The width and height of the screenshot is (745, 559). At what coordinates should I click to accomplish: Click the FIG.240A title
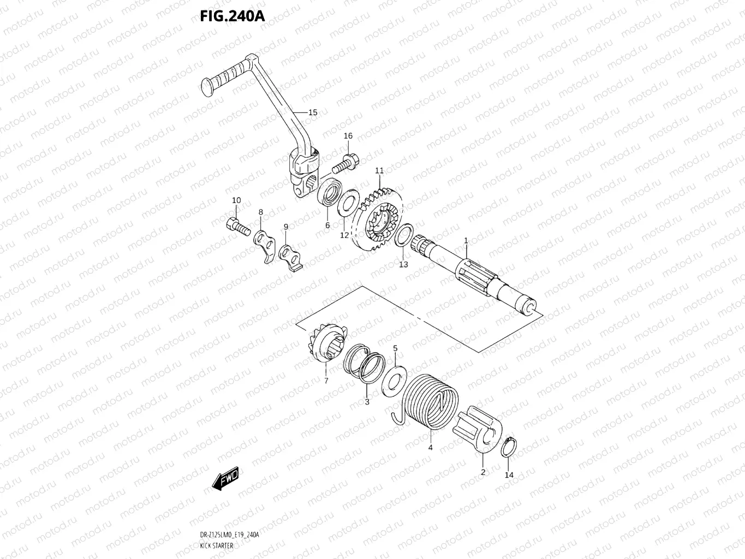(x=232, y=16)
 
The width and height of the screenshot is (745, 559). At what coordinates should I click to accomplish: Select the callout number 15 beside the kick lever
(x=312, y=112)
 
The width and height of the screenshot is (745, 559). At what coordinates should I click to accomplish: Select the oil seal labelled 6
(x=330, y=195)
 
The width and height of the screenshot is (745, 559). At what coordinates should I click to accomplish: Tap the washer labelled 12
(x=347, y=204)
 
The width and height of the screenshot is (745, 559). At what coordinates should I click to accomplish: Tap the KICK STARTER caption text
(x=216, y=546)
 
